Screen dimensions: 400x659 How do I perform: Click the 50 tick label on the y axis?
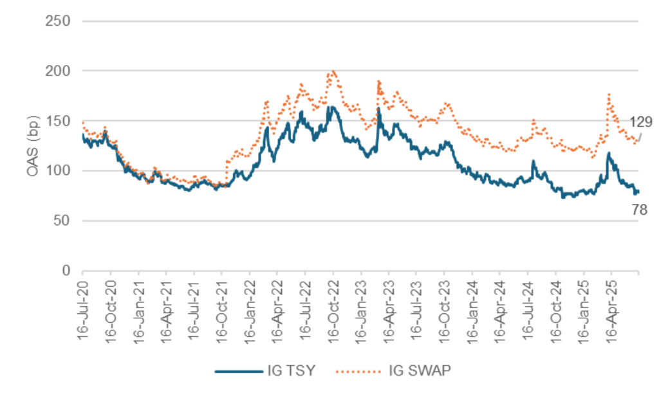click(x=62, y=221)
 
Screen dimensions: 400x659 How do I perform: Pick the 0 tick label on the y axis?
click(x=66, y=271)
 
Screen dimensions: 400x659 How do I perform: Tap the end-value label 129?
click(x=641, y=121)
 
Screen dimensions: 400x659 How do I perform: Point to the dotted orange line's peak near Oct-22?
click(x=333, y=71)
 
